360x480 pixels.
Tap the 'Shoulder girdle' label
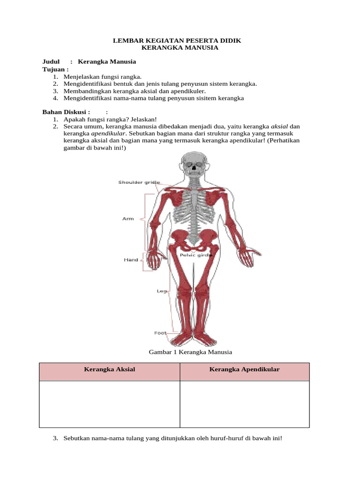(x=139, y=182)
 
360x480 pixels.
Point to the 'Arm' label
(x=128, y=218)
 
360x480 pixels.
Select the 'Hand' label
(x=131, y=259)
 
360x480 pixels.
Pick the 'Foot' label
(x=160, y=333)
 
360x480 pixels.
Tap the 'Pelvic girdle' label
(x=196, y=255)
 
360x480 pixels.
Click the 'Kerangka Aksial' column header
(x=109, y=369)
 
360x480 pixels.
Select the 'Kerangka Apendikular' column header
(x=244, y=369)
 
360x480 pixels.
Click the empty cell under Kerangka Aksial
(x=109, y=404)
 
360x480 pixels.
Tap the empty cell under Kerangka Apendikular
(x=244, y=404)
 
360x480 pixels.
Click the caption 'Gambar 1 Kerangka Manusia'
(x=190, y=352)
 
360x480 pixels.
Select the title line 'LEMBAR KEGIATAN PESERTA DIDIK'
(x=177, y=41)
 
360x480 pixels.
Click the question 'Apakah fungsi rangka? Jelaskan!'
(x=110, y=119)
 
